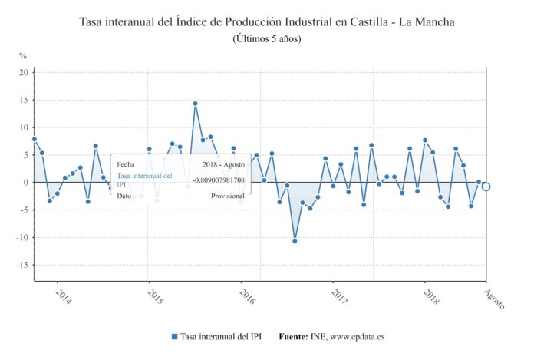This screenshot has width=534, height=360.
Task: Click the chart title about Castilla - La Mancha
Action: (267, 21)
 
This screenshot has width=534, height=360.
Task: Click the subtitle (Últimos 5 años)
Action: (267, 38)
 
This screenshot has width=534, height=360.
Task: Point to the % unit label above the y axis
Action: (23, 56)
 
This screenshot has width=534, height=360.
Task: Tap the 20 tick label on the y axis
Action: (24, 73)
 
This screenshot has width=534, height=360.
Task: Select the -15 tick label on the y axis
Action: (22, 266)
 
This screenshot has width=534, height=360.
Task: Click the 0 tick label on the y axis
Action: (25, 183)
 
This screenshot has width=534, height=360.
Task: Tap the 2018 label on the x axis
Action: (431, 297)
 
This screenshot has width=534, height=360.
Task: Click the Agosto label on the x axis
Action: (495, 298)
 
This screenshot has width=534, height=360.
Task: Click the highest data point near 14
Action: (195, 104)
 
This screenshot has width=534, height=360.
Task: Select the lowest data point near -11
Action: (295, 241)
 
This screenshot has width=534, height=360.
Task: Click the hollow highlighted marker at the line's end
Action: (486, 187)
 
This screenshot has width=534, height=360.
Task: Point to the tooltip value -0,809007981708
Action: (219, 180)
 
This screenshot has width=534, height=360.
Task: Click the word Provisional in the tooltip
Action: (228, 196)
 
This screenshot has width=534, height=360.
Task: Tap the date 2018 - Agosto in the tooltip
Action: (224, 164)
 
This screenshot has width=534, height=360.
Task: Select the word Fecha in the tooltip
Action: (126, 164)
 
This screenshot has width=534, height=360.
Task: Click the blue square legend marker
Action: (174, 336)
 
